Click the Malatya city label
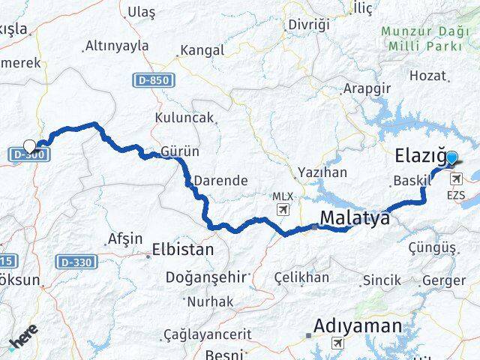pyautogui.click(x=355, y=218)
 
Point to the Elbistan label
pyautogui.click(x=183, y=249)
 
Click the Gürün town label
pyautogui.click(x=180, y=151)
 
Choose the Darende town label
pyautogui.click(x=220, y=181)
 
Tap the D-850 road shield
pyautogui.click(x=155, y=79)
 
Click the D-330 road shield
pyautogui.click(x=74, y=262)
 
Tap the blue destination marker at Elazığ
pyautogui.click(x=451, y=158)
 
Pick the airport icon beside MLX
pyautogui.click(x=283, y=210)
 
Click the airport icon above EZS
pyautogui.click(x=456, y=178)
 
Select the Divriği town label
pyautogui.click(x=309, y=25)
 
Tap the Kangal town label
pyautogui.click(x=201, y=50)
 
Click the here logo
pyautogui.click(x=22, y=341)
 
